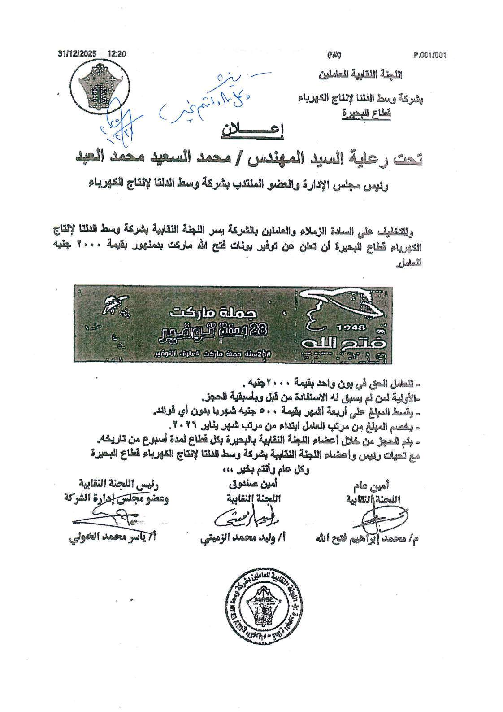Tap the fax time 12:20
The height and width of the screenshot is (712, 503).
click(117, 53)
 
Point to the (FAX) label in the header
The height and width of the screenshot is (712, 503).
click(334, 55)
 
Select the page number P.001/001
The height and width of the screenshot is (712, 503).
click(431, 55)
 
